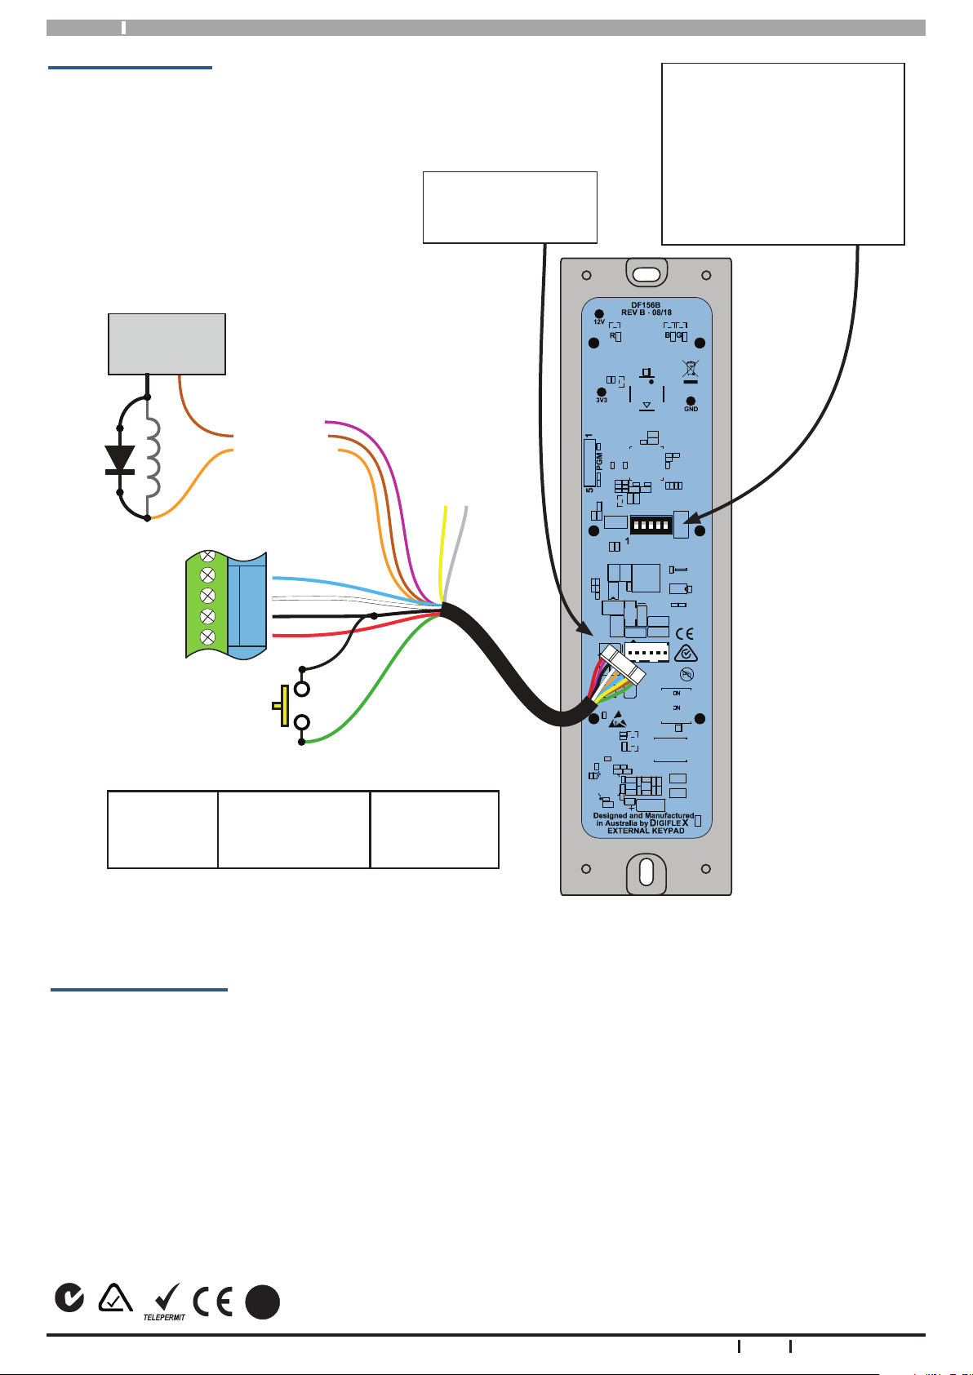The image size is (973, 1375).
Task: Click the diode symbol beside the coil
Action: (x=120, y=459)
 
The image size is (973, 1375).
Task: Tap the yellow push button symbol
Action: (x=282, y=705)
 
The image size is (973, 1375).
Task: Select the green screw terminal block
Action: (x=207, y=605)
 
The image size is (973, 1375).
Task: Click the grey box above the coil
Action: (x=167, y=344)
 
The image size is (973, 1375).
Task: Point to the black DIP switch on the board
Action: (x=651, y=524)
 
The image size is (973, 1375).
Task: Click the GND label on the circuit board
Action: (x=691, y=409)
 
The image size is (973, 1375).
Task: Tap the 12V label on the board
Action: (x=598, y=322)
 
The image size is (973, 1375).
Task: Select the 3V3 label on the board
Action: (x=602, y=401)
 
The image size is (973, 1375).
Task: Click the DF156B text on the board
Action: (x=646, y=304)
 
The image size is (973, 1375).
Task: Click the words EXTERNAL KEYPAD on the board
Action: (x=646, y=831)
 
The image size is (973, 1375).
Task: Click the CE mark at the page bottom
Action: (x=212, y=1301)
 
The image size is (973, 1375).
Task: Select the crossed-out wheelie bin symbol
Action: (x=690, y=370)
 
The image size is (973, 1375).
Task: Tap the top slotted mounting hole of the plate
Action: (x=646, y=273)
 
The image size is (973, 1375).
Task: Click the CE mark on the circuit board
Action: (x=685, y=634)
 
